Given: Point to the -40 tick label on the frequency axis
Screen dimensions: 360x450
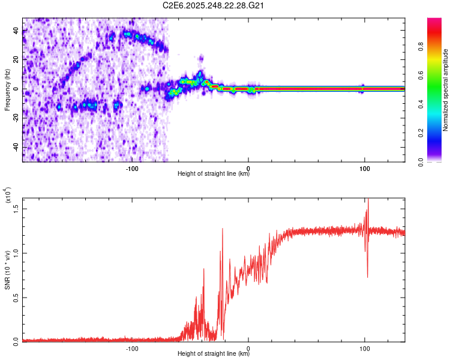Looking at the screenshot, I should [17, 148].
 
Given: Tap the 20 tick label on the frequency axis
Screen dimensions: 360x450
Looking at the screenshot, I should [17, 60].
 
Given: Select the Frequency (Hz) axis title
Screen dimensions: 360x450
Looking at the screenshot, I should [7, 90].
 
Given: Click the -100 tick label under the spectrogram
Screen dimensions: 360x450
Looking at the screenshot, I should [133, 168].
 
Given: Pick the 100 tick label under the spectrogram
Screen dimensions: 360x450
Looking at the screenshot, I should [364, 168].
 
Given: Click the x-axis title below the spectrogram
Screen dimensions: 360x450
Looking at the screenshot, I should [214, 175].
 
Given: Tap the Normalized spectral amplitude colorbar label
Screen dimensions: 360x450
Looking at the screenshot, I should [446, 90].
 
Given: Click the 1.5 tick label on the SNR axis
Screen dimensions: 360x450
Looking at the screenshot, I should [17, 208].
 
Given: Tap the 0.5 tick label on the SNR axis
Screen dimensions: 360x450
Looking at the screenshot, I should [17, 297].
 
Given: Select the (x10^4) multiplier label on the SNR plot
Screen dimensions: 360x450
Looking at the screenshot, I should [7, 196].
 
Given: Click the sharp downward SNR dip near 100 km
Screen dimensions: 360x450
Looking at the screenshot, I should [367, 276].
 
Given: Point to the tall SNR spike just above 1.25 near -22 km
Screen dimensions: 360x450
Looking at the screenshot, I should [223, 229].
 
